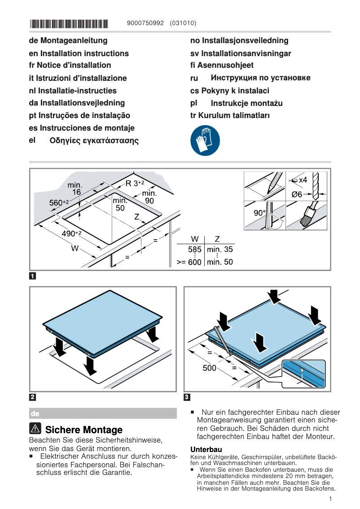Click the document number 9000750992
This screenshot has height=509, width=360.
pyautogui.click(x=146, y=23)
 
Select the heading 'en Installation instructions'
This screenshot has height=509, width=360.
pyautogui.click(x=79, y=53)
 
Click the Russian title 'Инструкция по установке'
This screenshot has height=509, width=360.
pyautogui.click(x=260, y=78)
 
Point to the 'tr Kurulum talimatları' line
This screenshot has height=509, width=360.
pyautogui.click(x=230, y=116)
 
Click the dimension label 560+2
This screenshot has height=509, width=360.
pyautogui.click(x=59, y=203)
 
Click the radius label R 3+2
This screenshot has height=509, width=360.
pyautogui.click(x=135, y=183)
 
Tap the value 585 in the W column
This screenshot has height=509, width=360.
pyautogui.click(x=194, y=250)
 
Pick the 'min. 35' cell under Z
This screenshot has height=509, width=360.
pyautogui.click(x=220, y=250)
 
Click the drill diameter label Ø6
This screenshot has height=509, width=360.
pyautogui.click(x=297, y=194)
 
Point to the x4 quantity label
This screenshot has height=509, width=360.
pyautogui.click(x=303, y=180)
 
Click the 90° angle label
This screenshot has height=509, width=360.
pyautogui.click(x=259, y=213)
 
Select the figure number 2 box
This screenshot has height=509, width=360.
pyautogui.click(x=33, y=397)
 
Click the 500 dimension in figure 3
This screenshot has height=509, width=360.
pyautogui.click(x=209, y=368)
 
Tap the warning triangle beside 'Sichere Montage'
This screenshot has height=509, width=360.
pyautogui.click(x=35, y=429)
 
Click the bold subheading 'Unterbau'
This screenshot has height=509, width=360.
pyautogui.click(x=206, y=449)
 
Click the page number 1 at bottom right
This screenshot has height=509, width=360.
pyautogui.click(x=330, y=499)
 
